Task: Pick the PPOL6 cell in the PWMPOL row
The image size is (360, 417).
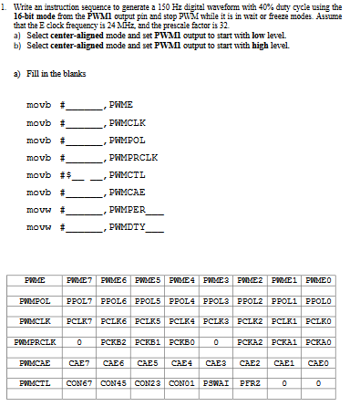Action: pos(114,298)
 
